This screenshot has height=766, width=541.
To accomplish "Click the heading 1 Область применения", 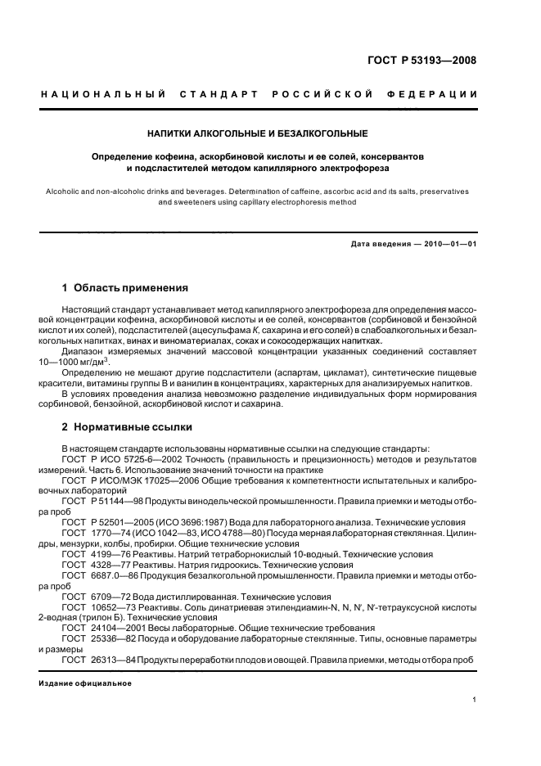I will (125, 288).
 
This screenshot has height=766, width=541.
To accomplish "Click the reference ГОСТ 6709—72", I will (92, 596).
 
